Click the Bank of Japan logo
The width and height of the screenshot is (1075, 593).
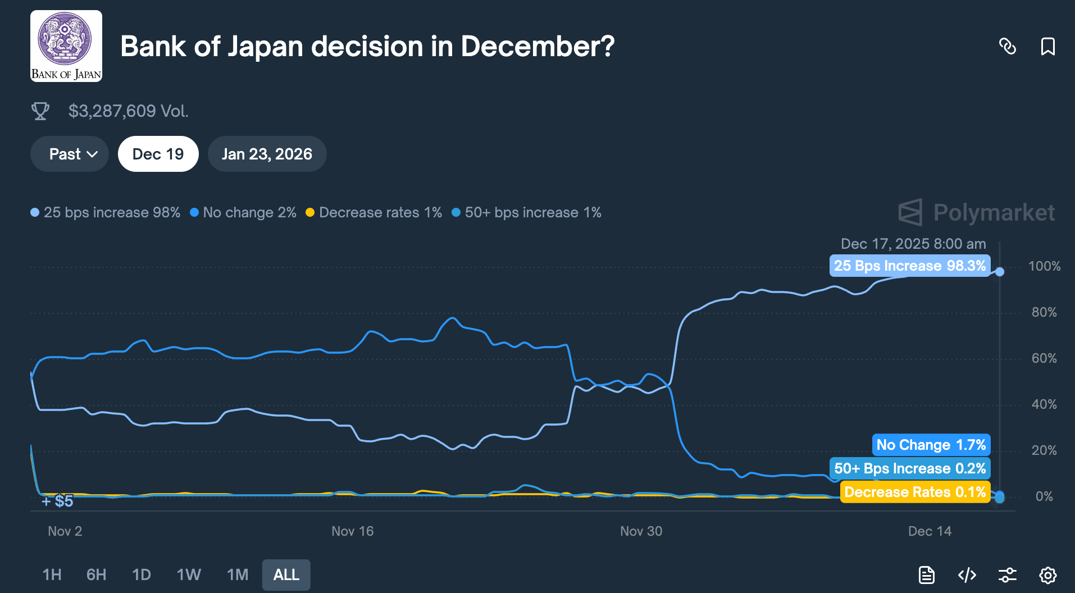pos(66,46)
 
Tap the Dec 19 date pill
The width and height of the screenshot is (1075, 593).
pos(158,154)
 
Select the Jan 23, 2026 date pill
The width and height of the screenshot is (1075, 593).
pos(267,154)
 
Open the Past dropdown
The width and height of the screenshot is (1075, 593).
pos(70,154)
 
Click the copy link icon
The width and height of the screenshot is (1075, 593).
pos(1008,46)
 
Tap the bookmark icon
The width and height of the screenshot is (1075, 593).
pos(1047,46)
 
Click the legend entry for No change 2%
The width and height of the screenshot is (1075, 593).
pos(243,212)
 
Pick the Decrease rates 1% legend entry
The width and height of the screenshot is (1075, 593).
pos(374,212)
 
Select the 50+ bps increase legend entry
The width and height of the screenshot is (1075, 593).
pos(527,212)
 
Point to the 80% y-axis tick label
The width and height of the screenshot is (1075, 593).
pos(1044,312)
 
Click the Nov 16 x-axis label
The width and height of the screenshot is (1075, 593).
pos(352,531)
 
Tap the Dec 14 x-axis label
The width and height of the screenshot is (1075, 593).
pos(930,531)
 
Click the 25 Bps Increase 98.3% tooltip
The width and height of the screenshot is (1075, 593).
pos(909,266)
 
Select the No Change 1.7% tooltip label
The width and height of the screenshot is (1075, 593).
pos(931,445)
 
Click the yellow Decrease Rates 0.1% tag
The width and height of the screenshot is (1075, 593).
pos(915,492)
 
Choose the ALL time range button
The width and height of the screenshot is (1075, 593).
pos(286,574)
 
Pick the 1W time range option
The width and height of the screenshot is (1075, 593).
pos(189,574)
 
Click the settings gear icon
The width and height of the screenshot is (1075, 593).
pos(1047,575)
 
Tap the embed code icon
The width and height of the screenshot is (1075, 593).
pos(967,575)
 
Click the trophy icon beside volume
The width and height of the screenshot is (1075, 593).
pos(40,111)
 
